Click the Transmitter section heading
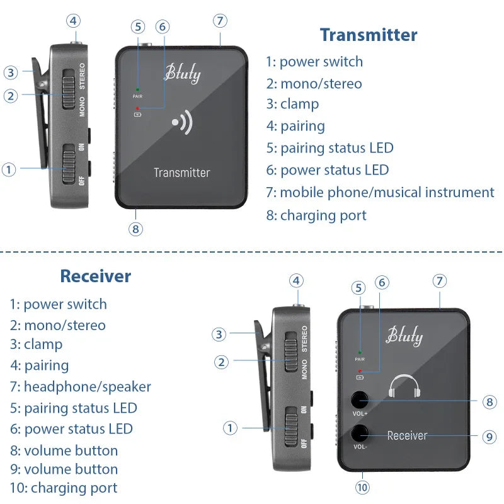coord(368,35)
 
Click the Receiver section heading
coord(96,276)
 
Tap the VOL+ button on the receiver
coord(360,400)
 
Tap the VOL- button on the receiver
coord(360,433)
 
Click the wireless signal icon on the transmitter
coord(182,123)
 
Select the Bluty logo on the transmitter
coord(182,74)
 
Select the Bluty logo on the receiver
coord(404,335)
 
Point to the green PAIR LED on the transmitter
coord(138,90)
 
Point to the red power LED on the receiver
coord(360,371)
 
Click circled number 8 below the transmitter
coord(135,229)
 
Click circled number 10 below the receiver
coord(362,487)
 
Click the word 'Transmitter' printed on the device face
coord(182,173)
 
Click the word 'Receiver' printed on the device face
coord(407,435)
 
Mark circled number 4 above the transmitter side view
coord(74,20)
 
